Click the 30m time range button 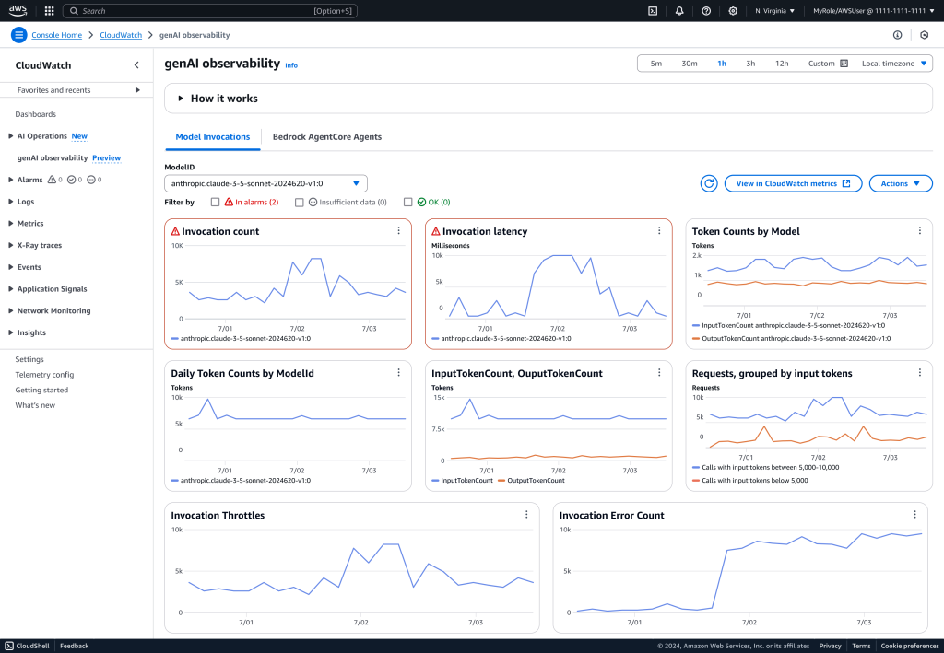[x=689, y=64]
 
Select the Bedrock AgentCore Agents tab [x=326, y=137]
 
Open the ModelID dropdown [x=265, y=183]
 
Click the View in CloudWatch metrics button [x=793, y=183]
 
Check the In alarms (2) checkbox [x=215, y=202]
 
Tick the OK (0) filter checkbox [x=407, y=202]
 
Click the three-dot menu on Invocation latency [x=659, y=230]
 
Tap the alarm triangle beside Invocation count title [x=174, y=231]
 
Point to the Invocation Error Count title [x=611, y=515]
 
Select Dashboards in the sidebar [x=35, y=114]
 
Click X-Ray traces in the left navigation [x=40, y=245]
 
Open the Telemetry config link [x=44, y=375]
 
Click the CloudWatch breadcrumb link [x=120, y=35]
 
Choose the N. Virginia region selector [x=774, y=11]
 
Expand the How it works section [x=224, y=99]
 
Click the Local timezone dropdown [x=894, y=64]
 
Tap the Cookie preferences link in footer [x=909, y=646]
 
